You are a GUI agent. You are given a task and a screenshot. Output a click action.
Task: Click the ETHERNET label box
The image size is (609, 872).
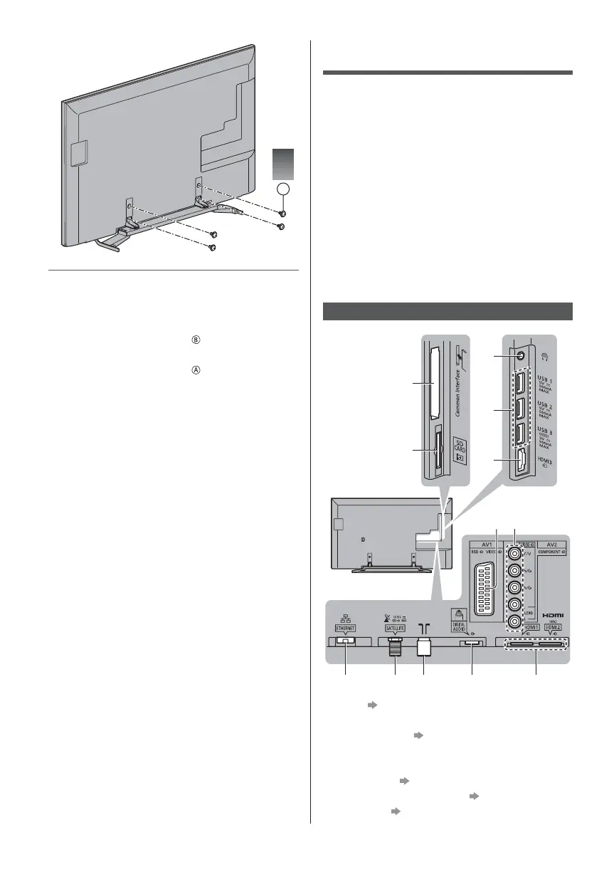pos(345,629)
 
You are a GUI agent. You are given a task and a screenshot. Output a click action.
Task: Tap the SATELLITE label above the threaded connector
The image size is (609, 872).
pos(395,629)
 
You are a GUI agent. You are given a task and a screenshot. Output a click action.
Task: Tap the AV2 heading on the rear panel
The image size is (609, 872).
pos(552,542)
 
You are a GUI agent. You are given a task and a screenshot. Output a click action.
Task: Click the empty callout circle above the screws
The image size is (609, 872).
pos(283,189)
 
